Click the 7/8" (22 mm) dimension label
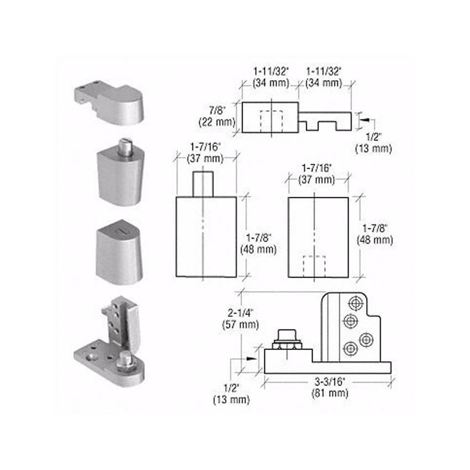pyautogui.click(x=217, y=116)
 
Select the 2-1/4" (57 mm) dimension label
pyautogui.click(x=241, y=319)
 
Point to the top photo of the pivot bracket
pyautogui.click(x=109, y=104)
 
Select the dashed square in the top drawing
pyautogui.click(x=271, y=122)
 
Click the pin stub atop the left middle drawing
pyautogui.click(x=203, y=184)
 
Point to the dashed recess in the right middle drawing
pyautogui.click(x=314, y=267)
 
